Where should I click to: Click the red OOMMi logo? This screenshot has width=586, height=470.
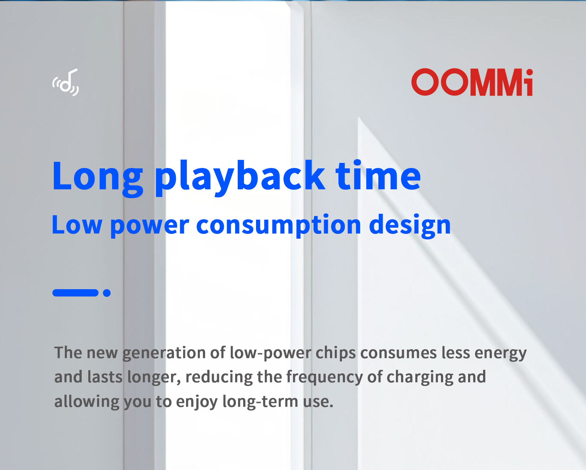click(x=472, y=82)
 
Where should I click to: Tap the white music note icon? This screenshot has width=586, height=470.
click(x=66, y=82)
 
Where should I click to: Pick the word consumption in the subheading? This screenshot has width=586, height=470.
click(x=279, y=225)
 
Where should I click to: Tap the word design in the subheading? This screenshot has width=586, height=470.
click(x=410, y=225)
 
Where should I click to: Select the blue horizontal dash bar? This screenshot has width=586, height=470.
click(x=75, y=293)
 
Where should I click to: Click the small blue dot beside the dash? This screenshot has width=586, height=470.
click(x=107, y=293)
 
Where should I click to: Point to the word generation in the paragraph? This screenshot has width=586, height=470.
click(x=164, y=353)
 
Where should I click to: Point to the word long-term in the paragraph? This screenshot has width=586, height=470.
click(x=260, y=402)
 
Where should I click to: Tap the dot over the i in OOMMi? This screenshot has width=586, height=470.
click(x=529, y=72)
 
